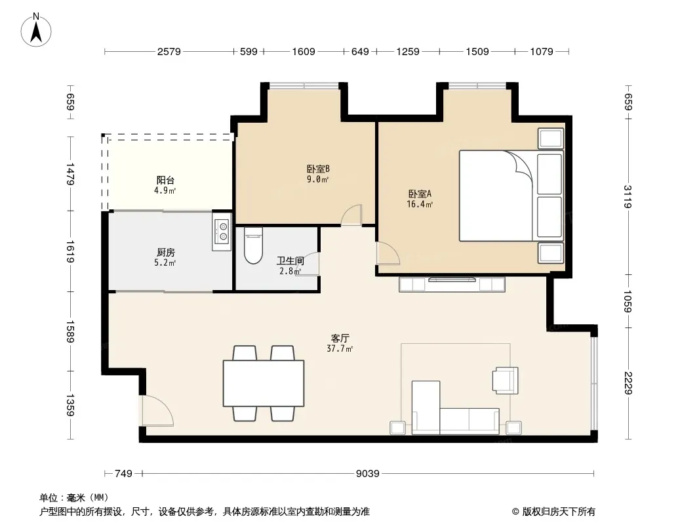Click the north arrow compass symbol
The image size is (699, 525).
click(36, 30)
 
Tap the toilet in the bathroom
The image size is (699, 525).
click(254, 245)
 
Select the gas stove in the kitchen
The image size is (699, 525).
click(222, 232)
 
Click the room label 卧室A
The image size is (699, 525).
click(420, 194)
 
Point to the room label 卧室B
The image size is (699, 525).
click(318, 169)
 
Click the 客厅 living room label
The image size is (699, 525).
click(340, 338)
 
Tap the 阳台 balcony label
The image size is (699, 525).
click(165, 180)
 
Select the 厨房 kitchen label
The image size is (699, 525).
click(165, 253)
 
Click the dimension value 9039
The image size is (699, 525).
click(368, 474)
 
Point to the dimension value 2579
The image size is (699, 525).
click(169, 52)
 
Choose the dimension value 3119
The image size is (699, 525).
click(628, 196)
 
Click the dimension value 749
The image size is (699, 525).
click(123, 474)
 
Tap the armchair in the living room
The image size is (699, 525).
click(506, 381)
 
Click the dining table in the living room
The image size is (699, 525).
click(264, 383)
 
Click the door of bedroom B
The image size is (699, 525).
click(351, 215)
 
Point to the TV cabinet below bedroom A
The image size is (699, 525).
click(452, 285)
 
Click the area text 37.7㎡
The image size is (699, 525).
click(340, 349)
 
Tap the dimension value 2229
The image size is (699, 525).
click(628, 383)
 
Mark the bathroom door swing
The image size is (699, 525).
click(308, 264)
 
